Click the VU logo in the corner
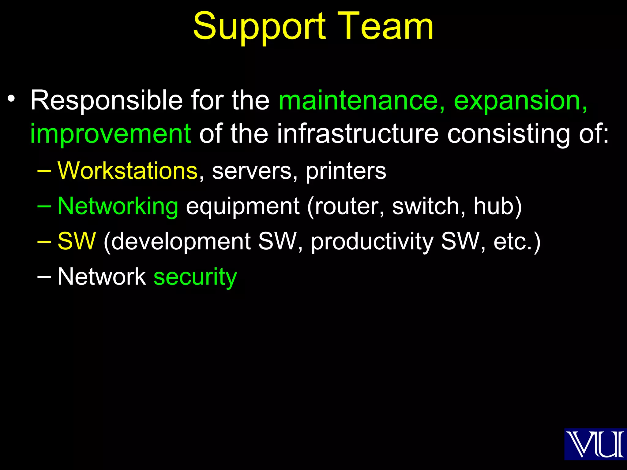tap(595, 444)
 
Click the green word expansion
tap(520, 101)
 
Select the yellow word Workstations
tap(128, 170)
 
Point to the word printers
tap(346, 170)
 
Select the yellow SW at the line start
tap(77, 241)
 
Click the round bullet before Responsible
tap(11, 99)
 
